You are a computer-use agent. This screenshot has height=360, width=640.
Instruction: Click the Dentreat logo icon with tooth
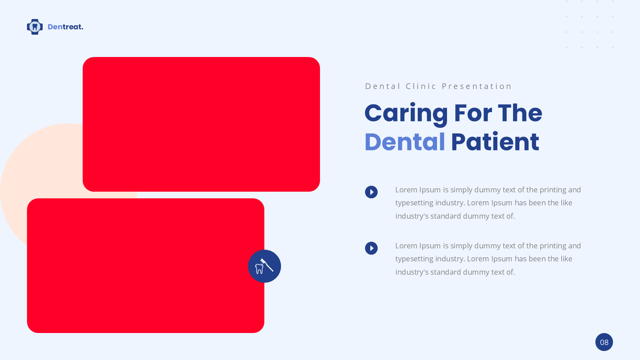(35, 27)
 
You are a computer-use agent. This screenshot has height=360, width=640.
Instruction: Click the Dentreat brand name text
(65, 27)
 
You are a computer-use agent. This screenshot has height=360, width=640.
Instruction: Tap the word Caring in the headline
(406, 114)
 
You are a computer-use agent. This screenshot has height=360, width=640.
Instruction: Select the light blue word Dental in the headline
(405, 142)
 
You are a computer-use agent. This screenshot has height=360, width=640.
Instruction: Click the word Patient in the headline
(495, 142)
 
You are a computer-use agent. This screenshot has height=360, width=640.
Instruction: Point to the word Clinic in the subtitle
(421, 86)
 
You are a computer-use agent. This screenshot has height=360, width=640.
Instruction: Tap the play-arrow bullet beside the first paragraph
(371, 192)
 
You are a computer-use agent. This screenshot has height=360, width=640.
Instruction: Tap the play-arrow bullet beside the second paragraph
(371, 248)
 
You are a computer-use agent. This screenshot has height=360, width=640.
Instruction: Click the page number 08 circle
(604, 342)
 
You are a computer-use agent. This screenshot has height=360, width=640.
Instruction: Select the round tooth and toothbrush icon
(264, 266)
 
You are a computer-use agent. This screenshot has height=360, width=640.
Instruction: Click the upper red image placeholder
(201, 124)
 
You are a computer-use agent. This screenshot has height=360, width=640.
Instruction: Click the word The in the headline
(520, 113)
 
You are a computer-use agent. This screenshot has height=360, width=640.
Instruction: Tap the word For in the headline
(473, 113)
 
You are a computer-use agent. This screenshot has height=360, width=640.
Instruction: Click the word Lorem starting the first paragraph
(406, 190)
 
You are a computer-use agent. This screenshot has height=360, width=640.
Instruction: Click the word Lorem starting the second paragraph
(406, 246)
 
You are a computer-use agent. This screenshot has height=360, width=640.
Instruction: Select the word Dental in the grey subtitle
(383, 86)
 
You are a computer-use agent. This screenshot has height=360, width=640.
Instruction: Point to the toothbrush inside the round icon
(267, 265)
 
